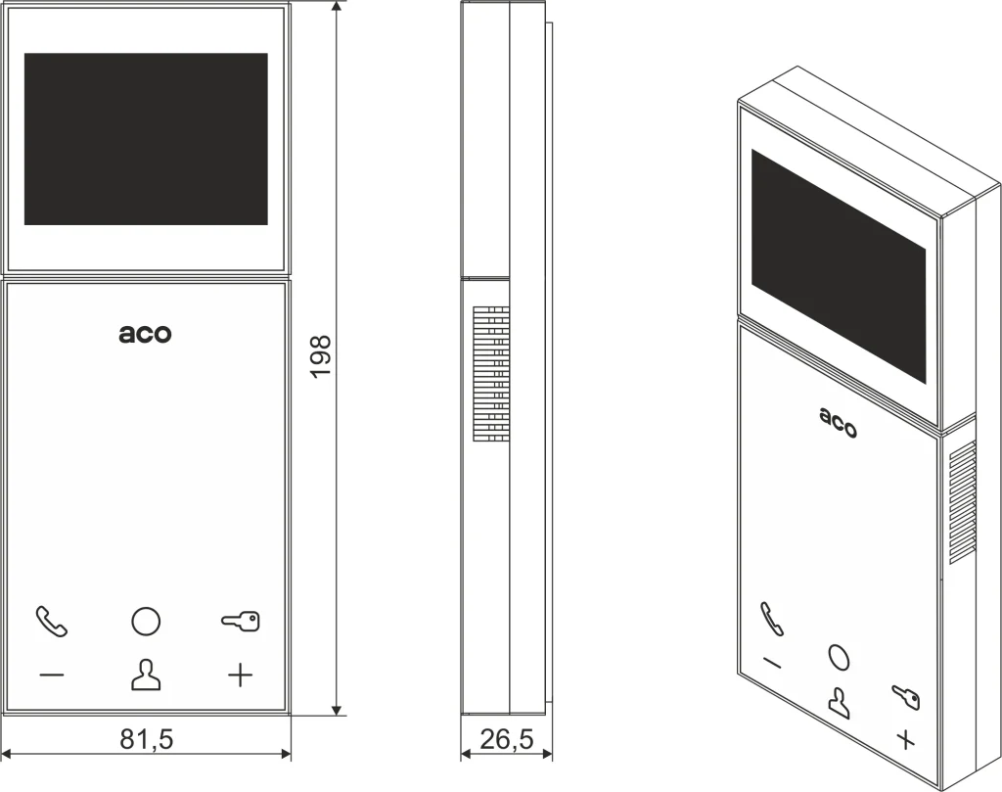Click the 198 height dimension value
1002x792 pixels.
click(x=321, y=356)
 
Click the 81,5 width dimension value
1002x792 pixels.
click(x=147, y=739)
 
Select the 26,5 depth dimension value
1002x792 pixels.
click(x=506, y=739)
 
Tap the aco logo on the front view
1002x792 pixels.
click(x=145, y=334)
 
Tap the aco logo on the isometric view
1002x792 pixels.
click(x=838, y=423)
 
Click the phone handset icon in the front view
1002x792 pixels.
click(x=51, y=622)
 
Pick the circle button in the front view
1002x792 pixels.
click(x=146, y=621)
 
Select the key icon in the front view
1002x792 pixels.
click(x=241, y=621)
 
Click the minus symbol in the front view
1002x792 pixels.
click(x=52, y=676)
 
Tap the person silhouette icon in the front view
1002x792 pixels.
click(x=146, y=676)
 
